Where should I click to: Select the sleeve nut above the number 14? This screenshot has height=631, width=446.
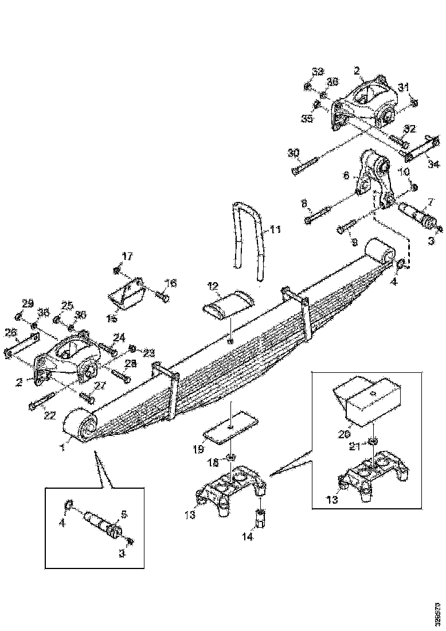(x=259, y=519)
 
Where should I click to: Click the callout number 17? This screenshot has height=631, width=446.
(x=126, y=256)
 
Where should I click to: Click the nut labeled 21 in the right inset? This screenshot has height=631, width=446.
(x=371, y=440)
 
